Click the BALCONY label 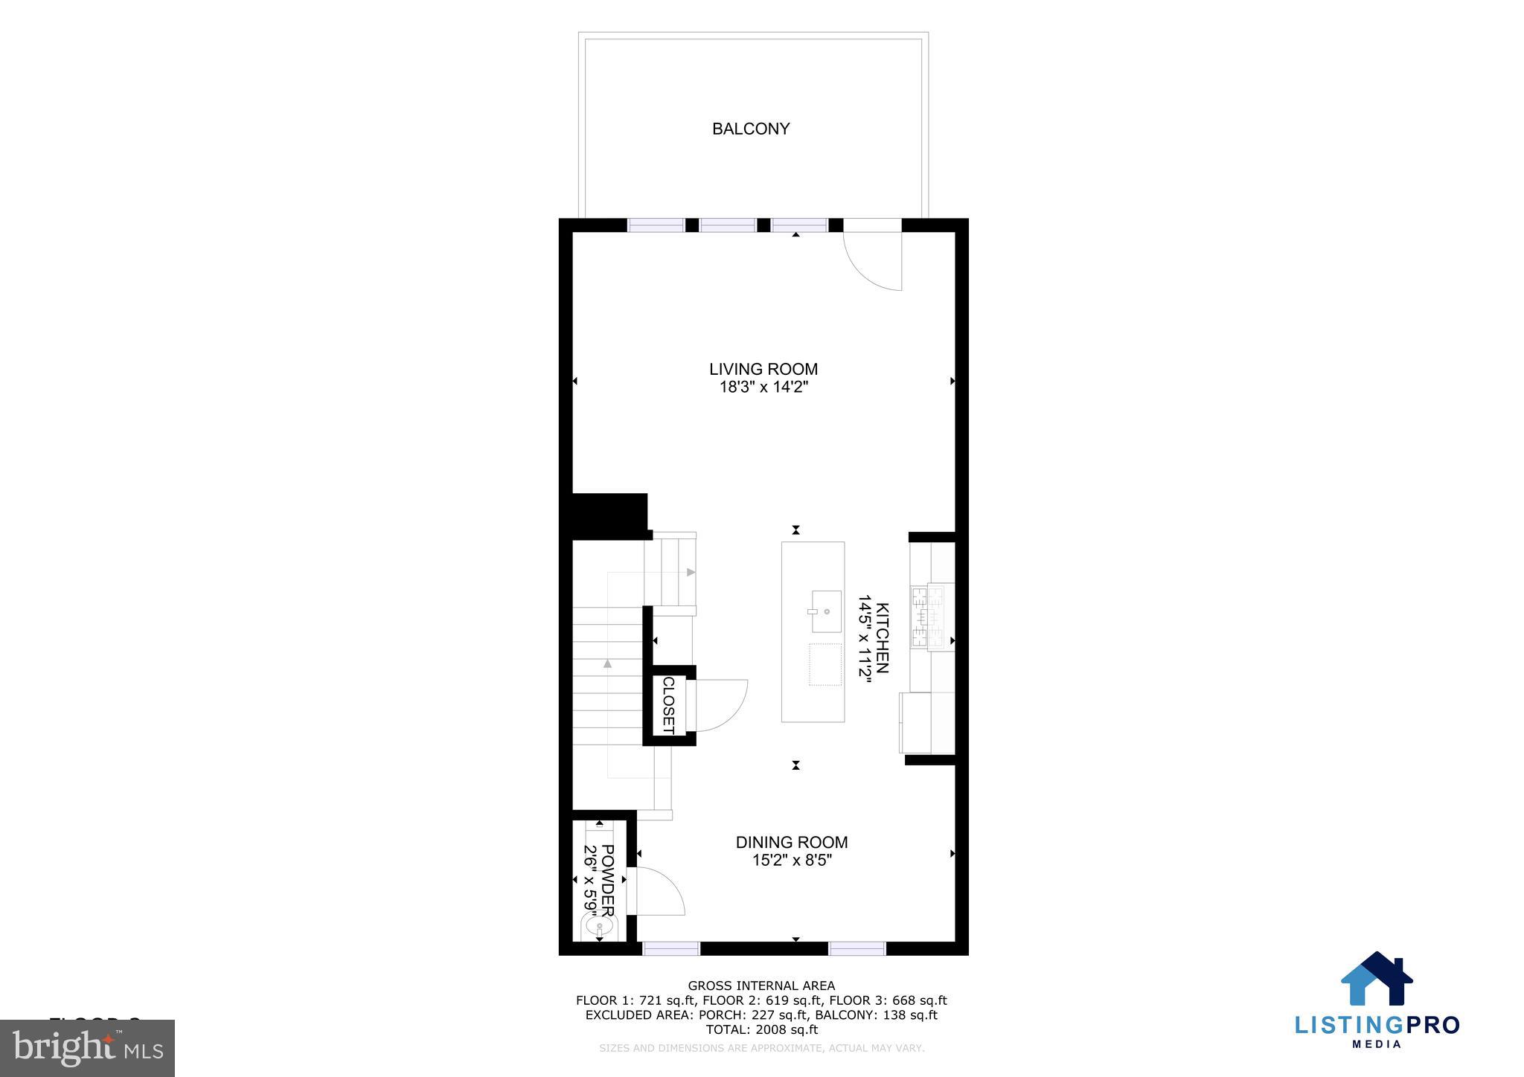(x=750, y=129)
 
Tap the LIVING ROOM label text (x=763, y=369)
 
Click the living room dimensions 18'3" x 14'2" (x=763, y=387)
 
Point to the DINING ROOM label (x=791, y=842)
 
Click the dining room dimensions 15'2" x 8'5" (x=791, y=861)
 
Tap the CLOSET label (x=667, y=705)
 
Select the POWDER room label (x=608, y=881)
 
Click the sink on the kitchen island (x=826, y=611)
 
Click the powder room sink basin (x=599, y=927)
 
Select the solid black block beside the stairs (x=609, y=515)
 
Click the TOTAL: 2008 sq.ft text (x=761, y=1029)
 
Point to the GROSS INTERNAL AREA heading (x=761, y=986)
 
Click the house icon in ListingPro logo (x=1376, y=980)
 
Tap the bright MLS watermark (x=88, y=1048)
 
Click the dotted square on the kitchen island (x=825, y=664)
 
